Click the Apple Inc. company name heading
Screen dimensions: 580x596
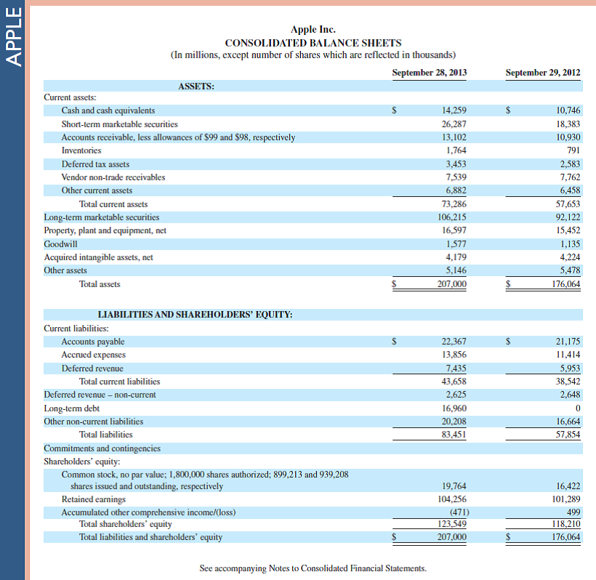(313, 30)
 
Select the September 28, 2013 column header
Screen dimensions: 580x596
(429, 73)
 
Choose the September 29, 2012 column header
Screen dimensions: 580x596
(542, 73)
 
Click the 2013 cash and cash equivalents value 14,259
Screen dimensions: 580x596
(454, 110)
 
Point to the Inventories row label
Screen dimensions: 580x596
(81, 150)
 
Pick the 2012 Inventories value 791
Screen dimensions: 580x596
(573, 150)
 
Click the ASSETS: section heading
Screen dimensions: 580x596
(196, 86)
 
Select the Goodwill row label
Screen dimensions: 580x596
(60, 243)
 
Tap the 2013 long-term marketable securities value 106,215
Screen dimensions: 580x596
(451, 217)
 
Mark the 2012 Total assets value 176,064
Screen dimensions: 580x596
(565, 284)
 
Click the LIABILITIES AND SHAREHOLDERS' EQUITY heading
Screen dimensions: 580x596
(195, 315)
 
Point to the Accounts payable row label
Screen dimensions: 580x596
(93, 342)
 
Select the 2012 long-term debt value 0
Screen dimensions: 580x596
(577, 408)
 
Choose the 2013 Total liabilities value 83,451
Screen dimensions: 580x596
(454, 435)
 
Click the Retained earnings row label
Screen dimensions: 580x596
(93, 499)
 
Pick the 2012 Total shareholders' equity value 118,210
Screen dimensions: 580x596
(565, 524)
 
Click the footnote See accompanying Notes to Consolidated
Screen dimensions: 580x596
(313, 568)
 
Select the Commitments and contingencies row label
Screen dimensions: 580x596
(102, 448)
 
